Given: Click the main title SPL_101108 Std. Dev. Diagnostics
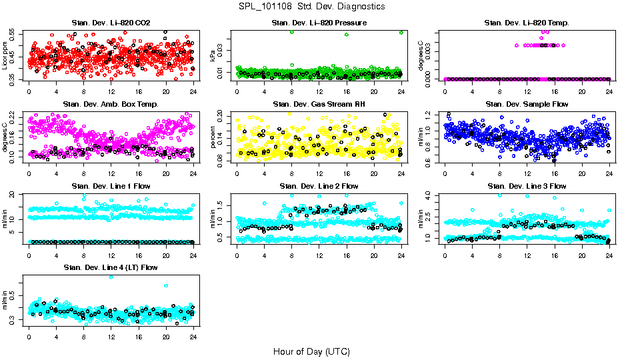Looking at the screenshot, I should (x=312, y=6).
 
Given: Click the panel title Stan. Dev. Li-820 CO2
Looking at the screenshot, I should (x=111, y=23).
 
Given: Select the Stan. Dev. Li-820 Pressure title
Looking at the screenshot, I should (x=319, y=23).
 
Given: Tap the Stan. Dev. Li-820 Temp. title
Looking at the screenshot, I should (x=527, y=23).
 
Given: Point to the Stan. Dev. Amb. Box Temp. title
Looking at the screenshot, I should (x=111, y=104).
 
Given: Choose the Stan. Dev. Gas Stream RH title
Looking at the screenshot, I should (x=319, y=104).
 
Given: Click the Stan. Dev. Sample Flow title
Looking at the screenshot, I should (x=527, y=104).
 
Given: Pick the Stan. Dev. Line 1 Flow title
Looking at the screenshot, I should (x=111, y=185).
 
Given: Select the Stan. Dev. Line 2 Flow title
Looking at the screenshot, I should (x=319, y=185).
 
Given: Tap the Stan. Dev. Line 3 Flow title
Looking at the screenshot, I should (x=527, y=185).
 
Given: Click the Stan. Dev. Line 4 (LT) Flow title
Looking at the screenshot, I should (x=111, y=267).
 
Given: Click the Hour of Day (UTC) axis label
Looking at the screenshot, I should (x=312, y=351).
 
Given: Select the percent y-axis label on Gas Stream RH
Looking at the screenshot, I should (x=213, y=137).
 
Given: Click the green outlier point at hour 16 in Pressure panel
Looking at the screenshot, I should (x=347, y=35).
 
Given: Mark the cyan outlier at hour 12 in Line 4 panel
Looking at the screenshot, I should (x=111, y=277).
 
